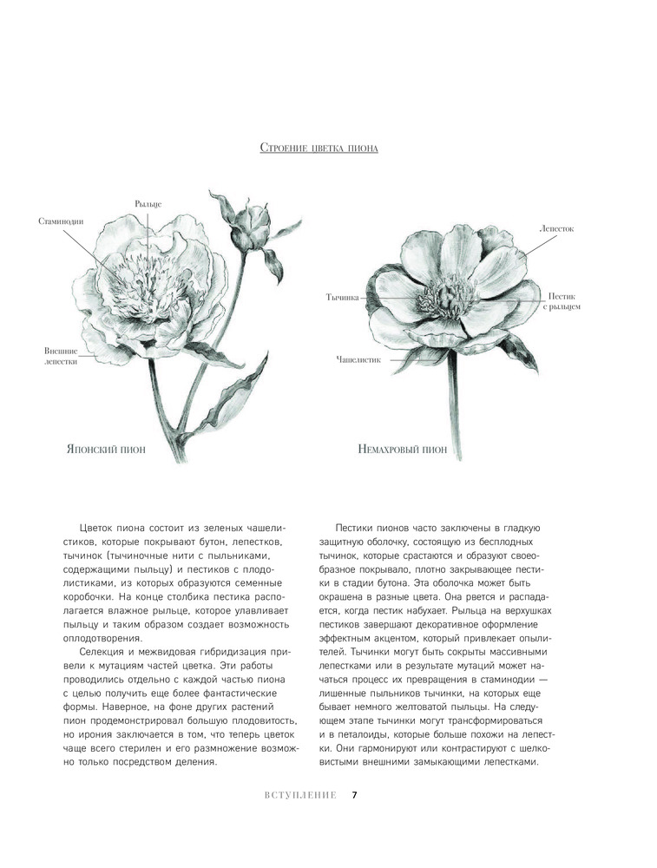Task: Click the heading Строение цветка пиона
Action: pyautogui.click(x=319, y=148)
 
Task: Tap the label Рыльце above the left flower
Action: pyautogui.click(x=148, y=203)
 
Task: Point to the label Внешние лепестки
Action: pyautogui.click(x=61, y=356)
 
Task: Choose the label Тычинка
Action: pyautogui.click(x=342, y=297)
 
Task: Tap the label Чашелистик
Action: pyautogui.click(x=358, y=358)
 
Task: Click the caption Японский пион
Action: pyautogui.click(x=106, y=449)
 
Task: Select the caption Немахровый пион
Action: pyautogui.click(x=402, y=449)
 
